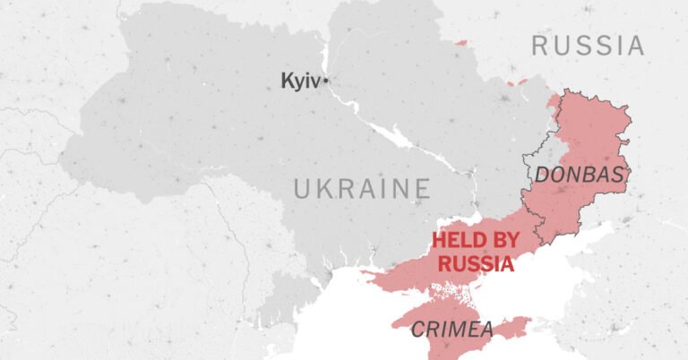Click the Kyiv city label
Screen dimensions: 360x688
point(300,81)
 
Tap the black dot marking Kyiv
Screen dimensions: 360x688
point(326,81)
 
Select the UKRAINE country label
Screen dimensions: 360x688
point(362,189)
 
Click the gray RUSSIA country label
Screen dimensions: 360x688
point(588,46)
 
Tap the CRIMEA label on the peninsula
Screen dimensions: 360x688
point(452,330)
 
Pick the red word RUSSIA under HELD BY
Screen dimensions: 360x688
point(476,263)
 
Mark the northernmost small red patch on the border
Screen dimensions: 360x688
point(460,42)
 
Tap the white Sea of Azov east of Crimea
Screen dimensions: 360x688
point(564,269)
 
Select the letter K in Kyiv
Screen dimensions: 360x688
point(287,81)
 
